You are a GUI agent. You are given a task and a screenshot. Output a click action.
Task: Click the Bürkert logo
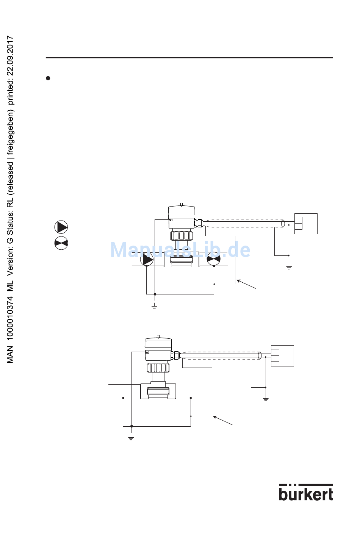306,492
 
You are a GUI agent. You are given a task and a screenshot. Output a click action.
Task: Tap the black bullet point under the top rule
48,78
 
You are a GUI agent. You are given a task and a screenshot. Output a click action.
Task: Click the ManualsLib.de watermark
180,250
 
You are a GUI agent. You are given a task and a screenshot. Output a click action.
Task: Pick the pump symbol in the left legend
61,227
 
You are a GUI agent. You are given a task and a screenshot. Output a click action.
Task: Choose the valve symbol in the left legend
61,243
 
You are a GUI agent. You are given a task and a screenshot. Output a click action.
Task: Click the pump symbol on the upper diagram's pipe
147,260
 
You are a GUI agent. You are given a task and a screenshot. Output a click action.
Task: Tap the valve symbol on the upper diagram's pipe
214,260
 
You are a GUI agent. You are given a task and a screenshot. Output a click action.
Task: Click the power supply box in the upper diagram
305,224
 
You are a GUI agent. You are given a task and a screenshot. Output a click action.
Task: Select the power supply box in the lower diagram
282,355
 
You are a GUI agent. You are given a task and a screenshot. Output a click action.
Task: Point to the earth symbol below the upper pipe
154,307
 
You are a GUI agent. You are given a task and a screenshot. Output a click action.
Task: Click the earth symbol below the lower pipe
131,438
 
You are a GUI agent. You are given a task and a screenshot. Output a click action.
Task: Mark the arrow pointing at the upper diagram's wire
246,284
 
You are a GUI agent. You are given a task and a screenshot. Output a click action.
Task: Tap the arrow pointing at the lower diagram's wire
223,420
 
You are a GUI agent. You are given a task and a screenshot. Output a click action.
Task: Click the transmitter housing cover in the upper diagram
182,211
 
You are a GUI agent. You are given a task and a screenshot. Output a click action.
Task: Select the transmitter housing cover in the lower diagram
158,343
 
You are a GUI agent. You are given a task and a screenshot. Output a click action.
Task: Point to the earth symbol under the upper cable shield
289,268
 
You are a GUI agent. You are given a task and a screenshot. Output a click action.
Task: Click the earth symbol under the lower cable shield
266,399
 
